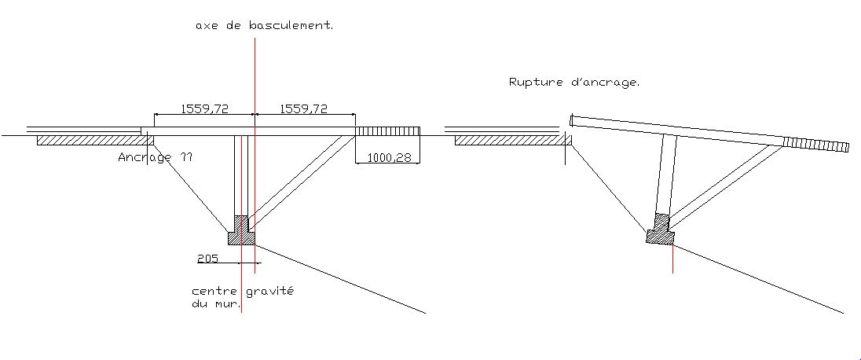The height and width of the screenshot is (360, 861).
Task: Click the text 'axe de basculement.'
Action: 264,26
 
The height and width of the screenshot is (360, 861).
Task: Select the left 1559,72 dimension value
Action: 205,109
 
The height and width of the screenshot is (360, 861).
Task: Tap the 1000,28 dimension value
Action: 388,158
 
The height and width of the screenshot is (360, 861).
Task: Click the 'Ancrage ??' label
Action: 155,157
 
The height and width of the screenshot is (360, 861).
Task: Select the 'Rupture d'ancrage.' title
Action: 573,81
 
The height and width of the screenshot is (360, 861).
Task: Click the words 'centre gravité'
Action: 243,291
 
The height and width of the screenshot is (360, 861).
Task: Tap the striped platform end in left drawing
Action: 388,130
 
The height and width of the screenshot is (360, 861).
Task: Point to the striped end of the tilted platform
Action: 816,144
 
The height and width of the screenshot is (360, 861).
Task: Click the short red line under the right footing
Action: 673,258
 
